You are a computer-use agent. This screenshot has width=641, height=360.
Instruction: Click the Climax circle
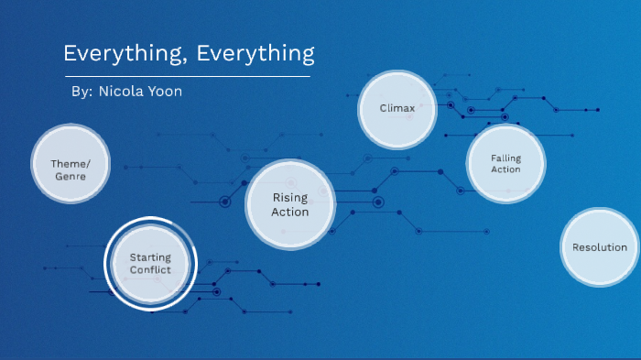397,108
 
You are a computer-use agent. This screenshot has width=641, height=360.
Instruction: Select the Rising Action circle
289,204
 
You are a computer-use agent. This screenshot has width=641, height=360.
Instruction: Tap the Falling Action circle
505,163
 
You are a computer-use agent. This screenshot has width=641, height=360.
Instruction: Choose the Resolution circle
599,247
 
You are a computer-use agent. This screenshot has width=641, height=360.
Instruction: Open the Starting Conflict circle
150,264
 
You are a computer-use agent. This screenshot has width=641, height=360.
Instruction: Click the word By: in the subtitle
81,93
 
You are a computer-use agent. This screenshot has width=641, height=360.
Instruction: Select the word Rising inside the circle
289,198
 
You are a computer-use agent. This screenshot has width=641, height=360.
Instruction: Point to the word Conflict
150,270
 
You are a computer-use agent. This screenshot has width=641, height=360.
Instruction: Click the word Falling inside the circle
505,158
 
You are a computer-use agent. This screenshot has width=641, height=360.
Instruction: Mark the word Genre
71,175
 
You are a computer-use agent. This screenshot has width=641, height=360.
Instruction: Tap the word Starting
150,258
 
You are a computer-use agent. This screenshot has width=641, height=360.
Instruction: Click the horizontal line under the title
187,77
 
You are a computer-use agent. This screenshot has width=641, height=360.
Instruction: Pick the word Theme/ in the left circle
71,163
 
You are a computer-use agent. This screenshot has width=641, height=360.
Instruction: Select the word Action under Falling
505,169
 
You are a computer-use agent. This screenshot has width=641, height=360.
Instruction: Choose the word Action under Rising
289,212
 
